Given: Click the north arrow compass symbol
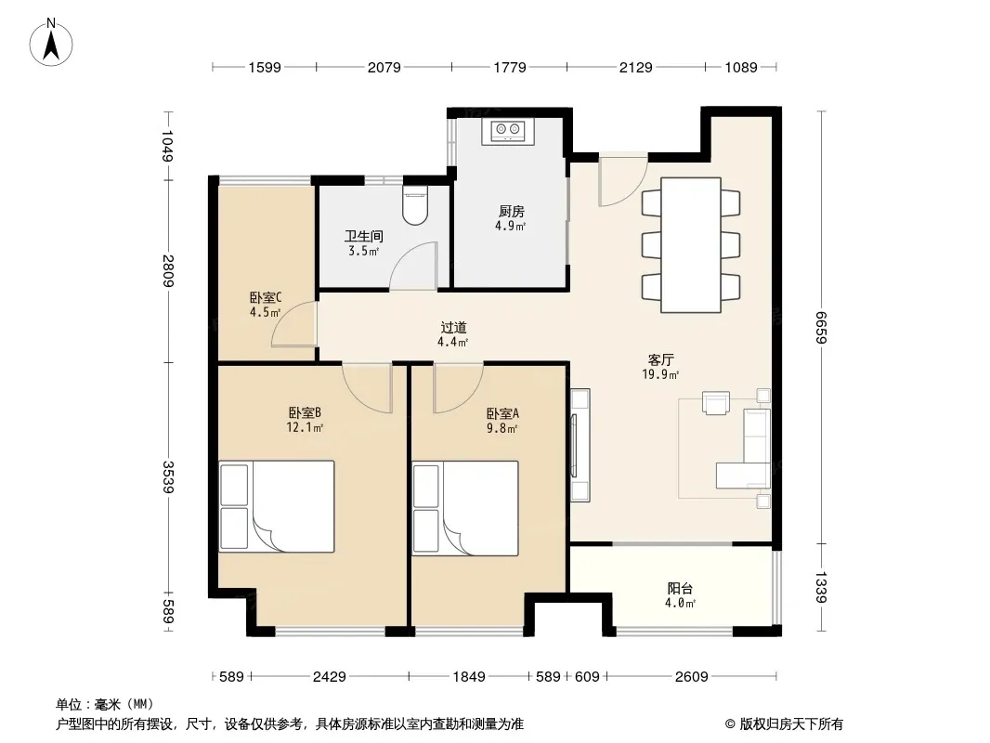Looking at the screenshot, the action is tap(51, 43).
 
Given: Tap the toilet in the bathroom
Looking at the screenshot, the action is tap(415, 205).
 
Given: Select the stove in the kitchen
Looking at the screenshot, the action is tap(508, 131).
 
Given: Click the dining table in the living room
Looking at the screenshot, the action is tap(691, 245).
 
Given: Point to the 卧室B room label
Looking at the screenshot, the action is tap(305, 413).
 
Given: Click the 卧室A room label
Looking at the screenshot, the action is tap(502, 414).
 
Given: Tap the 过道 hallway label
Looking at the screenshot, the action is tap(453, 328).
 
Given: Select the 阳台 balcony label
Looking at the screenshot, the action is tap(680, 588).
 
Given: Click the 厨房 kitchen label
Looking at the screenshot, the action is tap(511, 212).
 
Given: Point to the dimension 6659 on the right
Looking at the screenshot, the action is tap(821, 327).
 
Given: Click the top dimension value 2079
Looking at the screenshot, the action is tap(384, 67).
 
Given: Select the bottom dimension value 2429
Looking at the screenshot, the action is tap(330, 677).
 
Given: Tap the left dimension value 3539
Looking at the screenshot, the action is tap(168, 476).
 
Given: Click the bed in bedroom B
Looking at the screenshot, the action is tap(277, 507).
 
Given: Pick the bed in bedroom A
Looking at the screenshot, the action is tap(465, 508).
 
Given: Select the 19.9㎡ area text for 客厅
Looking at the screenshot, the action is tap(660, 374).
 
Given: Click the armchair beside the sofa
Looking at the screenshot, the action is tap(716, 403).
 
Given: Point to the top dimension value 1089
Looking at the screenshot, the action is tap(740, 67).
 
